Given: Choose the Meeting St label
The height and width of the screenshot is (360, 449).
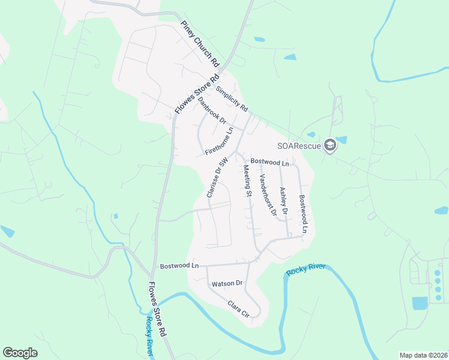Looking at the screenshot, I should coord(246,182).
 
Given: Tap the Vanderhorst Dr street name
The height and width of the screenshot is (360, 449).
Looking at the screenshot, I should coord(268,195).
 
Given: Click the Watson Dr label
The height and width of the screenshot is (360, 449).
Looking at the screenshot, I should coord(226,283).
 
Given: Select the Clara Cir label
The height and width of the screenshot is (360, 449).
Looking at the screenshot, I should coord(238,309).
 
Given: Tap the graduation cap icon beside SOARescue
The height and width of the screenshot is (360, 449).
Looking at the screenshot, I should coord(330,145).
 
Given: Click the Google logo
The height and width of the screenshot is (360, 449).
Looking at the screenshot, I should coord(20,353).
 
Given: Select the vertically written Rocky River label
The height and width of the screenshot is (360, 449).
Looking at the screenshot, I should coord(149,337).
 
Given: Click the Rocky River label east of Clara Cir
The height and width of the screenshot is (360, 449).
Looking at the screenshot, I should coord(305,269).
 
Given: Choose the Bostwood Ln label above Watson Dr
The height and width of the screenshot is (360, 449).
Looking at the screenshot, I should coord(179,265).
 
